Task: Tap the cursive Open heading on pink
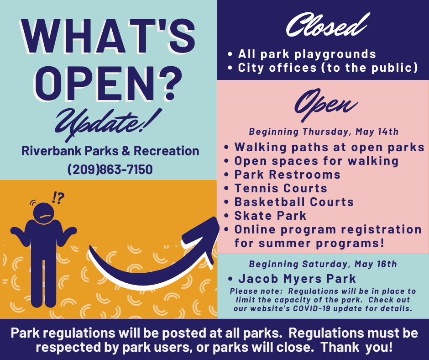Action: pos(325,106)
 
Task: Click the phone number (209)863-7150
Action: pos(110,169)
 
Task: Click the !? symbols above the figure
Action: pos(58,198)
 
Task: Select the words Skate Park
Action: pos(270,216)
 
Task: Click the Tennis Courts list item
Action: pos(281,188)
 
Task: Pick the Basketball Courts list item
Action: pos(294,202)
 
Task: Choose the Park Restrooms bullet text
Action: pos(287,175)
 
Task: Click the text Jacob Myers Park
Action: pos(297,279)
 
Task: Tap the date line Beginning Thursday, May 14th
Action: pos(324,132)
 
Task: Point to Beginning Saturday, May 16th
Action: pos(323,264)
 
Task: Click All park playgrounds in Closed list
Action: pos(307,54)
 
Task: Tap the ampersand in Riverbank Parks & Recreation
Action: pos(126,151)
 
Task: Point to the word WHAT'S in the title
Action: pos(108,36)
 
